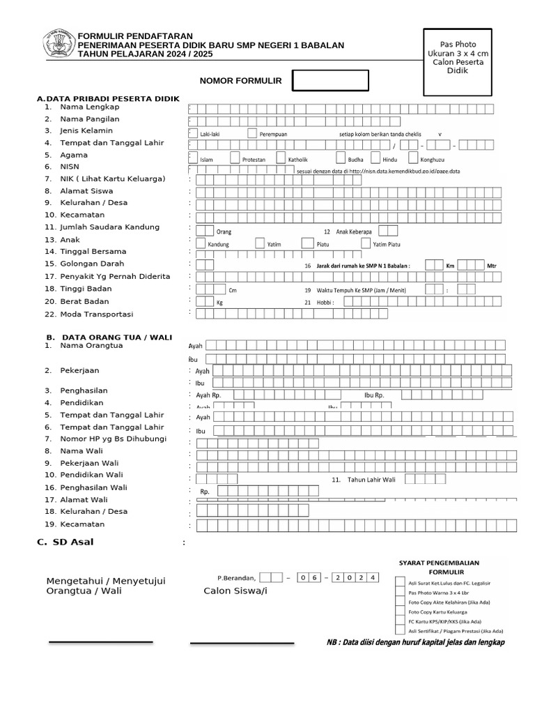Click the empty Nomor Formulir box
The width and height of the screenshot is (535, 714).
pos(330,81)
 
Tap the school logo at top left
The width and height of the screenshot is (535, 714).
pos(58,43)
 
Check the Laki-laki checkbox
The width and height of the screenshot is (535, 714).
pos(192,132)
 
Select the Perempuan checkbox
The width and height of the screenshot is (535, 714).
pos(251,132)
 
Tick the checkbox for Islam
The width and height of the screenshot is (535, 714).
pos(193,158)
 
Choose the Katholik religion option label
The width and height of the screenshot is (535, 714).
pos(297,160)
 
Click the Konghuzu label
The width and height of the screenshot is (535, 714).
pos(432,160)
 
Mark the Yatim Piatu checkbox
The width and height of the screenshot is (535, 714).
pos(366,243)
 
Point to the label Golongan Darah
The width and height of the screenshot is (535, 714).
pos(92,264)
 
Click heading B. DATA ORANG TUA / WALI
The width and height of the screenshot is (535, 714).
pos(104,336)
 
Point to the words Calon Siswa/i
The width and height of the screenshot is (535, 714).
pos(235,591)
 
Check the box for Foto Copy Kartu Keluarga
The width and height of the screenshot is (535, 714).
pos(400,611)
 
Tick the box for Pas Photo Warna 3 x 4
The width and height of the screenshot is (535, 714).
pos(400,591)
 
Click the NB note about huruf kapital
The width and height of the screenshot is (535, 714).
pos(415,642)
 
